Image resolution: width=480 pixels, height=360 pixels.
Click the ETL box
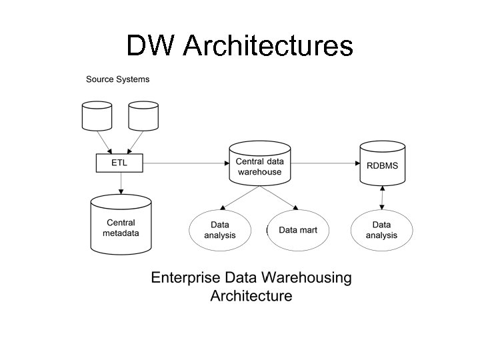(x=121, y=162)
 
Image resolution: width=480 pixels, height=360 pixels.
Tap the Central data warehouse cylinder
(x=260, y=163)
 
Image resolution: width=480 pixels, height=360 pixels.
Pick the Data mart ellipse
(x=298, y=230)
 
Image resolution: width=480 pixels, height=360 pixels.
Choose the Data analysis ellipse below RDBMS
(x=381, y=230)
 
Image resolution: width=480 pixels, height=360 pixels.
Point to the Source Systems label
(x=117, y=79)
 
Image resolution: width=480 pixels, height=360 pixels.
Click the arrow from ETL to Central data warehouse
(x=187, y=162)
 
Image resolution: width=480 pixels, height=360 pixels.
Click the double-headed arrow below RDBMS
(x=381, y=197)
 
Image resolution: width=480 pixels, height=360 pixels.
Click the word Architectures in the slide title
(x=267, y=46)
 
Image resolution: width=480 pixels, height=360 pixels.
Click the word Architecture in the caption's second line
(x=251, y=295)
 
